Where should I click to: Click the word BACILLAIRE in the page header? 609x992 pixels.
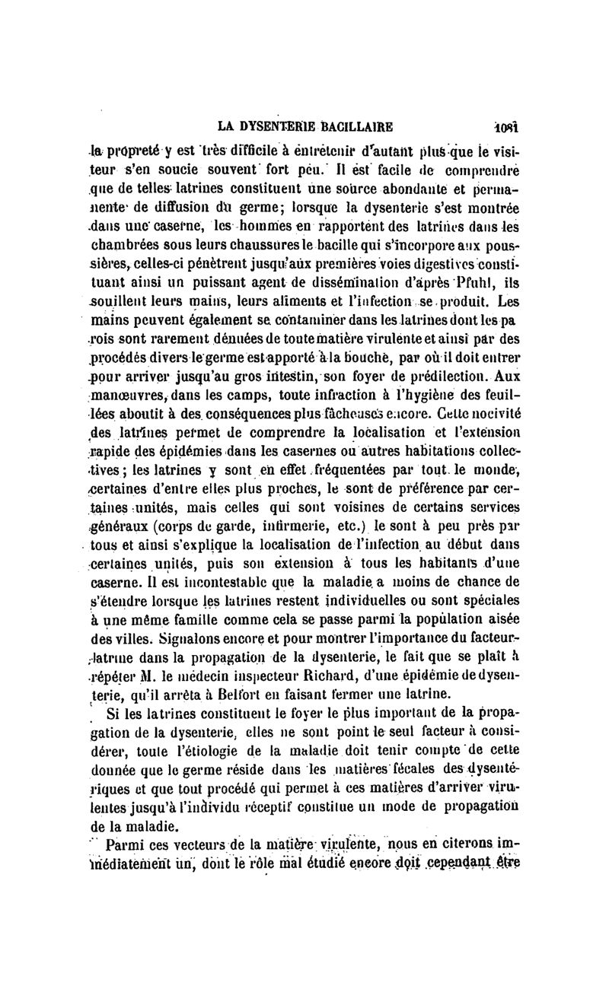tap(350, 126)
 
